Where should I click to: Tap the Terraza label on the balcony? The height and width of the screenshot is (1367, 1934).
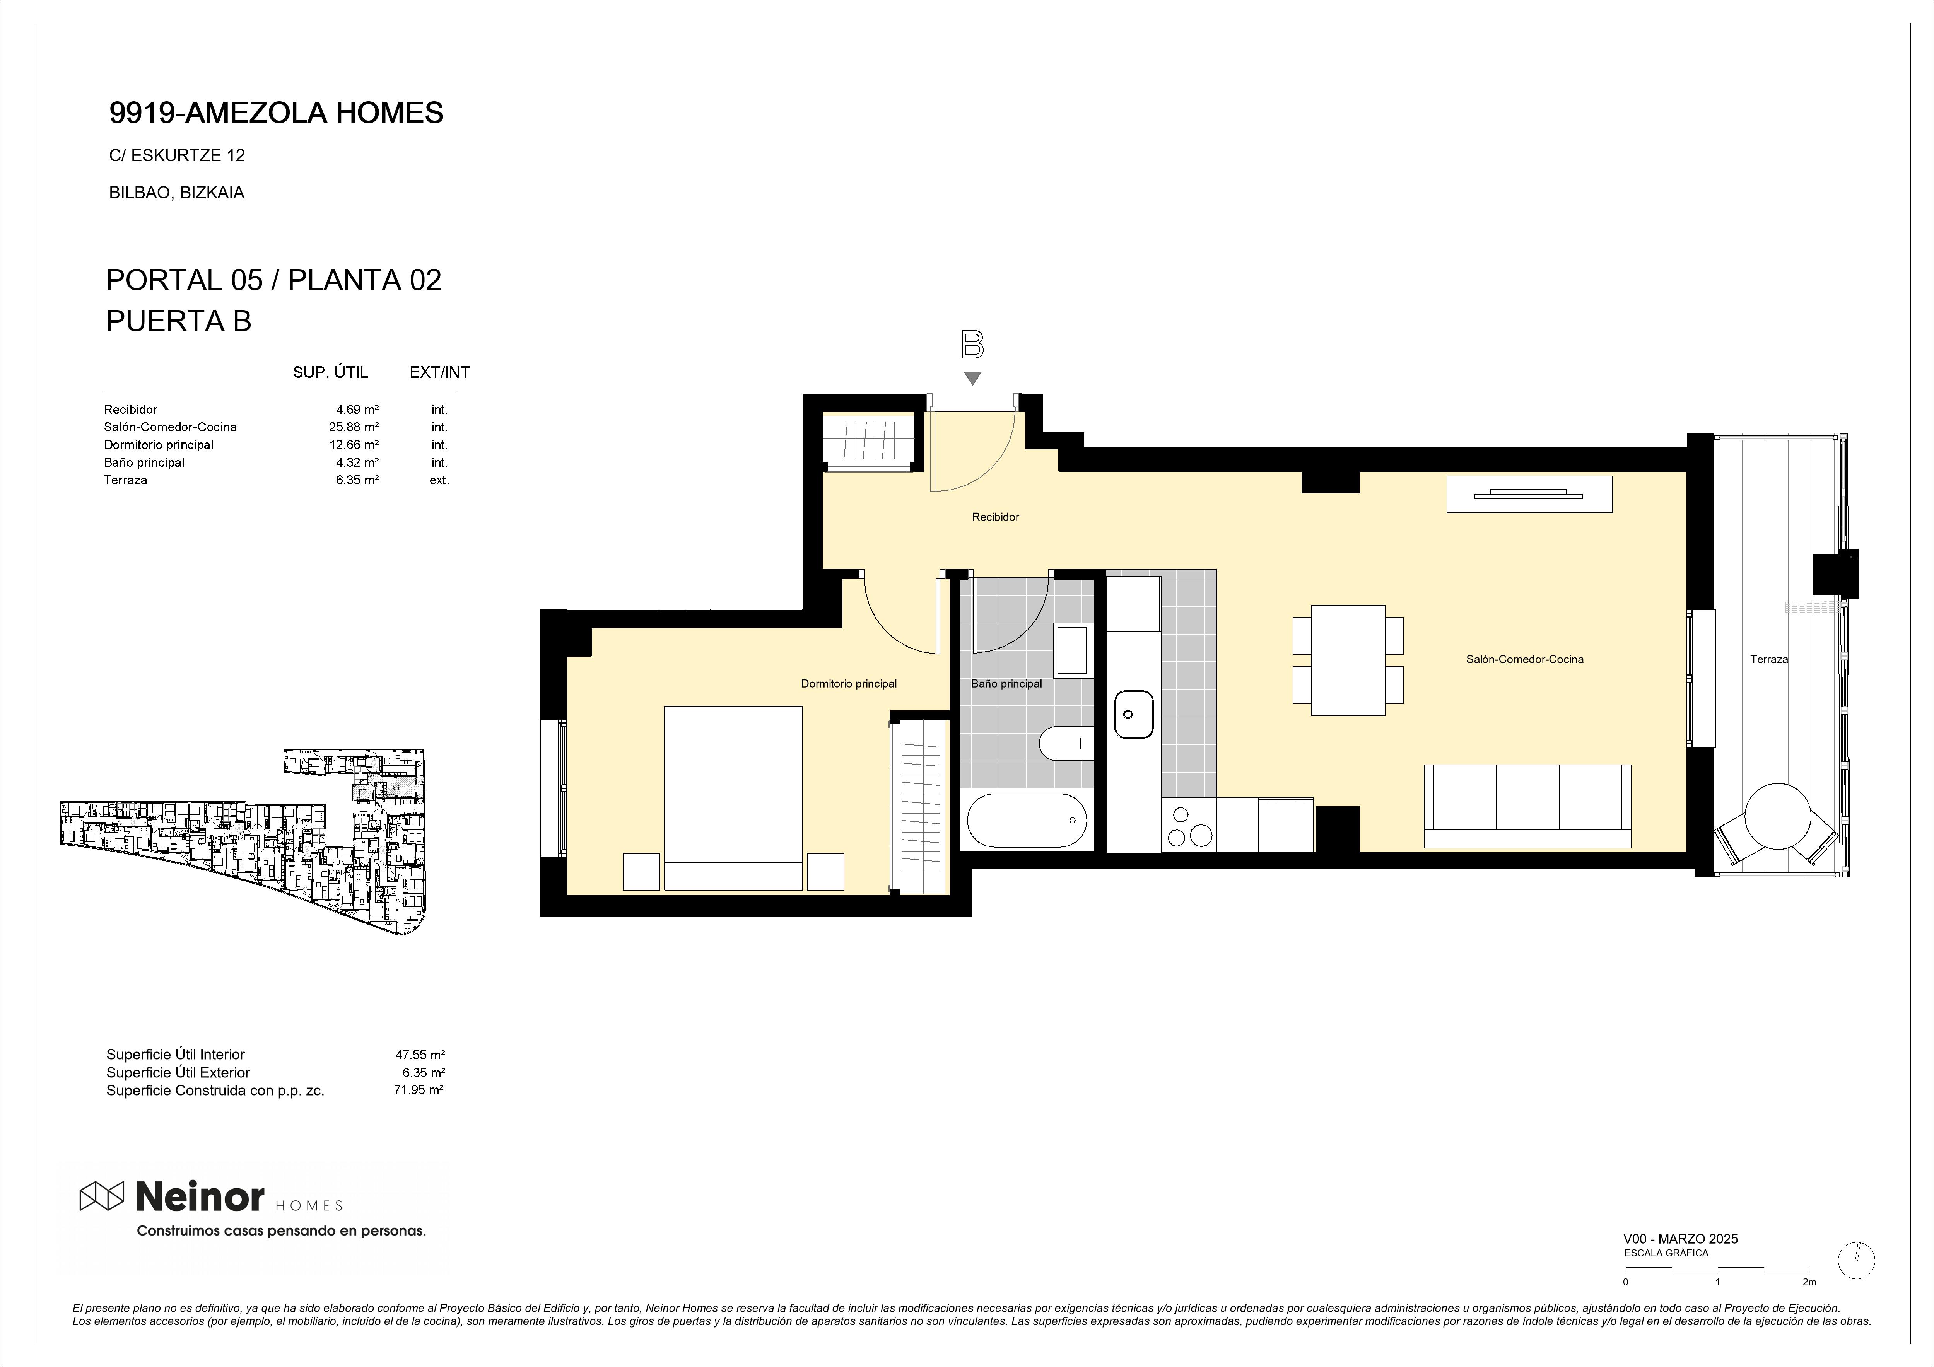click(1769, 659)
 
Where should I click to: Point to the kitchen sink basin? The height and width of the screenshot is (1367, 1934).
click(1134, 714)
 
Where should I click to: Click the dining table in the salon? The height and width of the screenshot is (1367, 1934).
click(1348, 660)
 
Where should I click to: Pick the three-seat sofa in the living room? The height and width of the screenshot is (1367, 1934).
click(1527, 806)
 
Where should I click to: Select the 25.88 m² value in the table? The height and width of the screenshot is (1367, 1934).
click(354, 427)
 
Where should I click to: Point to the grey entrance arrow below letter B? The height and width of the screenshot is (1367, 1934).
click(973, 378)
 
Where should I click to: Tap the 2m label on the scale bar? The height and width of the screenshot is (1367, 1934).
click(1809, 1306)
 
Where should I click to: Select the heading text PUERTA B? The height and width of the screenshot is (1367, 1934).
click(179, 321)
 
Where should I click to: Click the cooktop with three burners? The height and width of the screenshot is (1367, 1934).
click(1189, 826)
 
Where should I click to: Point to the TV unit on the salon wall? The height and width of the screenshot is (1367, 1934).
click(1529, 495)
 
